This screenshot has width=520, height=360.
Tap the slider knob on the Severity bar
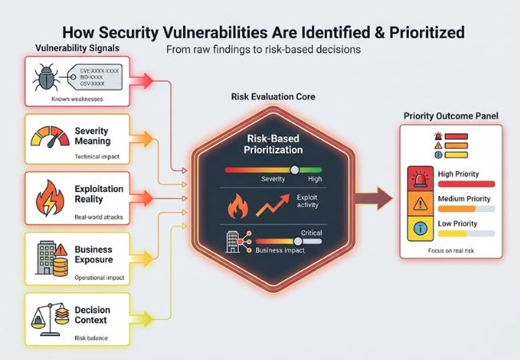coord(295,169)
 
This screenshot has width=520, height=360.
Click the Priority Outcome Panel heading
coord(452,116)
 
